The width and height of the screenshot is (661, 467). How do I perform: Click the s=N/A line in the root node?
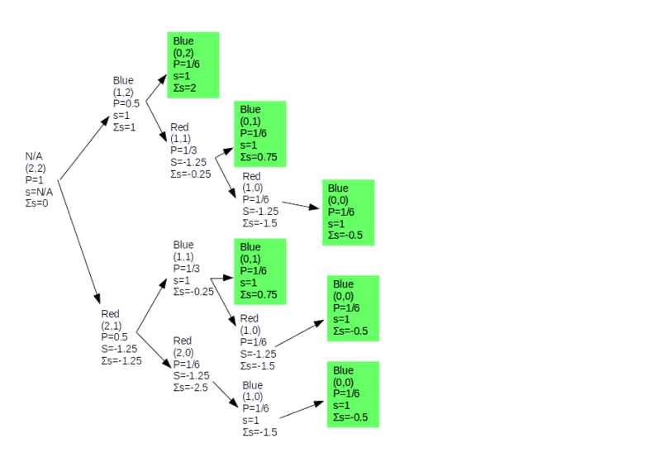pos(40,191)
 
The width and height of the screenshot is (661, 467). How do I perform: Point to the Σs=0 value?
pos(37,202)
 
